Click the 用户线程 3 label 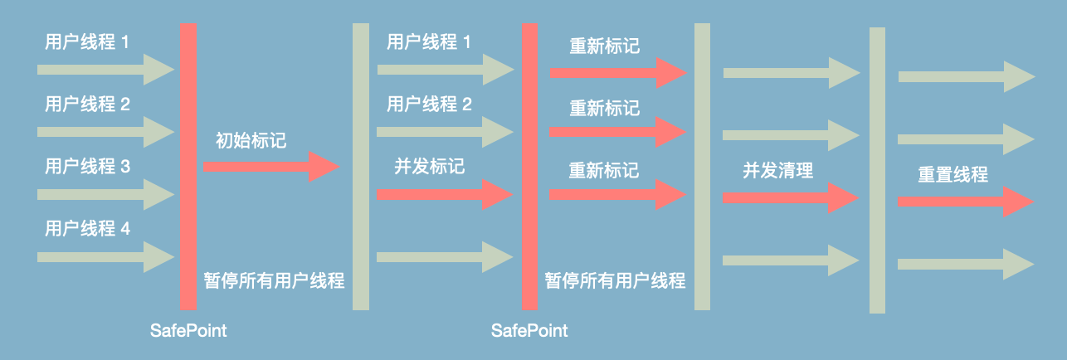click(87, 167)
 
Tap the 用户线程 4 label click(87, 228)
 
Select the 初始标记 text click(251, 140)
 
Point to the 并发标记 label click(429, 166)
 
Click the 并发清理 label click(777, 172)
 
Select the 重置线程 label click(953, 175)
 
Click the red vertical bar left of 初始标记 click(189, 166)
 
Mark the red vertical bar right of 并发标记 click(530, 166)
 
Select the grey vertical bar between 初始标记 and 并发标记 click(361, 166)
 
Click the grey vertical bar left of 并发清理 click(702, 166)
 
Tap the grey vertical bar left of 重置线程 click(878, 170)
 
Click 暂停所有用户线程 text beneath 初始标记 click(274, 280)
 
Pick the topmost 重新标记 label click(604, 46)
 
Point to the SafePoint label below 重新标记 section click(529, 331)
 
